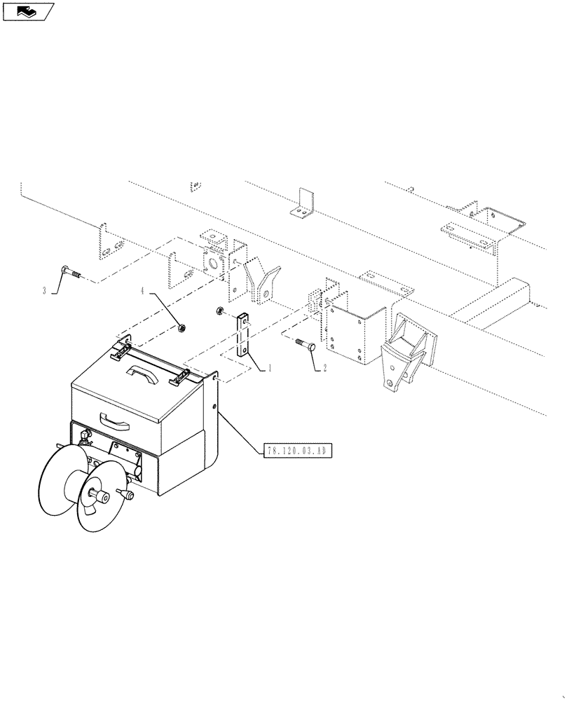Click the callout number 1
(270, 367)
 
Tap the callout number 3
(44, 290)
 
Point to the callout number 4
(143, 290)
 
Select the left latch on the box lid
(123, 343)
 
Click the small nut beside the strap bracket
(220, 311)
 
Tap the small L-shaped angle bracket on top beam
(304, 205)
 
